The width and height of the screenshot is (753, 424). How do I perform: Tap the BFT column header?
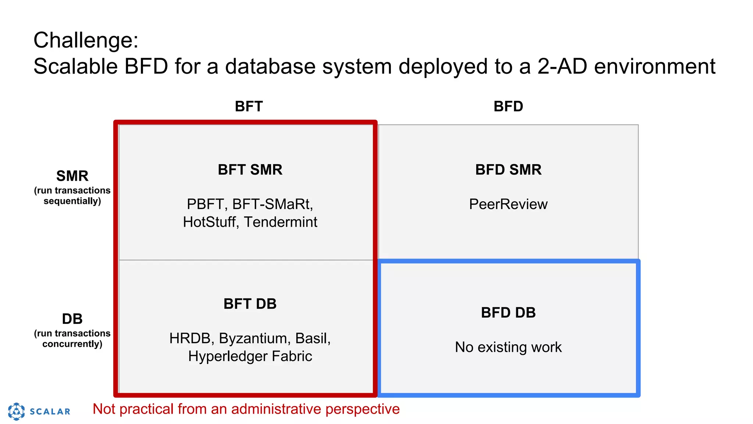(x=249, y=106)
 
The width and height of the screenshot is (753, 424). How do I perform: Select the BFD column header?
(x=508, y=106)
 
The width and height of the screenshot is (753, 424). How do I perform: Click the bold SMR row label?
(x=72, y=176)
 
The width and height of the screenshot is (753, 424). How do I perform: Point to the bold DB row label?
(x=72, y=319)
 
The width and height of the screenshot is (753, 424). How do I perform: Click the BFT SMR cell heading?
(x=250, y=170)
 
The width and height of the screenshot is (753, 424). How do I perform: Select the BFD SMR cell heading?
(x=508, y=170)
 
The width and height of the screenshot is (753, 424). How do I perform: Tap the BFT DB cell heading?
(x=250, y=304)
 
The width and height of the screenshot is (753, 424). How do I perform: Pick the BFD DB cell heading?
(x=508, y=312)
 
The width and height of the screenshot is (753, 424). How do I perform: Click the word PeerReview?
(x=508, y=204)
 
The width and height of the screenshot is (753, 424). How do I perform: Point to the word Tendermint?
(x=281, y=222)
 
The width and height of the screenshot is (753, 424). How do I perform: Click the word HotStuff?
(x=210, y=222)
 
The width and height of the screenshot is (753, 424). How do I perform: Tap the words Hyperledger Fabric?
(x=250, y=356)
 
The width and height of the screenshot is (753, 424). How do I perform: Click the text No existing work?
(x=508, y=347)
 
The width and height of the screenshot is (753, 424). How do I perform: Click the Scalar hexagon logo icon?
(x=17, y=411)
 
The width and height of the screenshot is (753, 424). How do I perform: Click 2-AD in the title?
(x=563, y=67)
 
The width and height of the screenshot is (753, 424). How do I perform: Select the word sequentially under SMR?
(x=72, y=201)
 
